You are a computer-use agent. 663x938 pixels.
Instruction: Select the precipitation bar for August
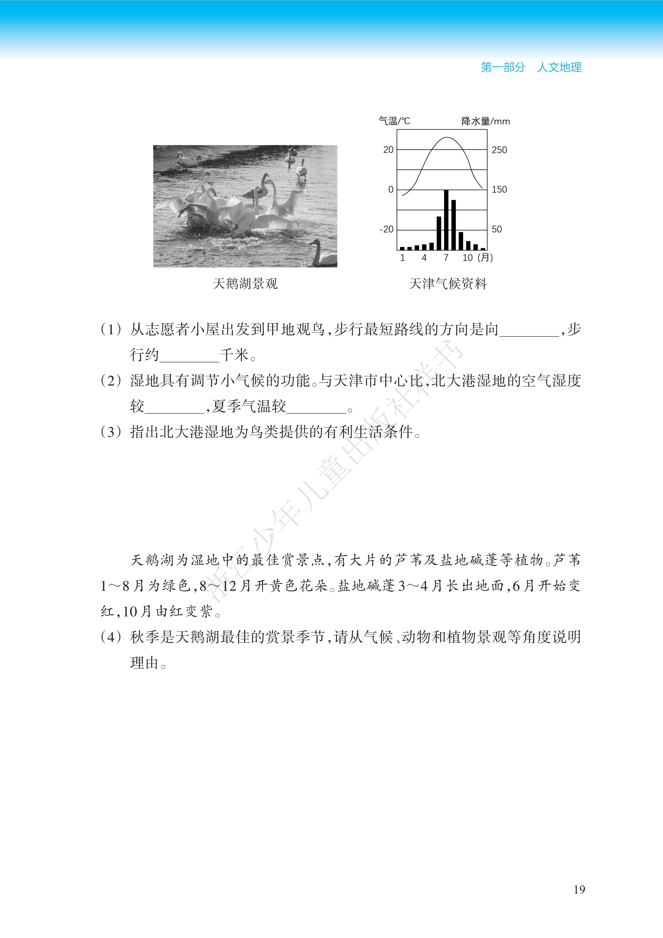click(454, 225)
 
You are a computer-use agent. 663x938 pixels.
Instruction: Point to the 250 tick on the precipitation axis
click(499, 150)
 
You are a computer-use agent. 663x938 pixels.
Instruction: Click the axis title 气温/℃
click(394, 121)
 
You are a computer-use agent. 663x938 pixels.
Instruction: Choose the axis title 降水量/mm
click(485, 121)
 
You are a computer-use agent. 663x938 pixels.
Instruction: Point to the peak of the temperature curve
click(447, 138)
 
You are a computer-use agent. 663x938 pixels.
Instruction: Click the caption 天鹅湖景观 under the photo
click(245, 283)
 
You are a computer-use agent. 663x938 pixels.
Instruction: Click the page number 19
click(579, 889)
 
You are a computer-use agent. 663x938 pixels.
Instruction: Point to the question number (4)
click(111, 637)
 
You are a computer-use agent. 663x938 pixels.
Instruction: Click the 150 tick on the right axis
click(499, 190)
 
